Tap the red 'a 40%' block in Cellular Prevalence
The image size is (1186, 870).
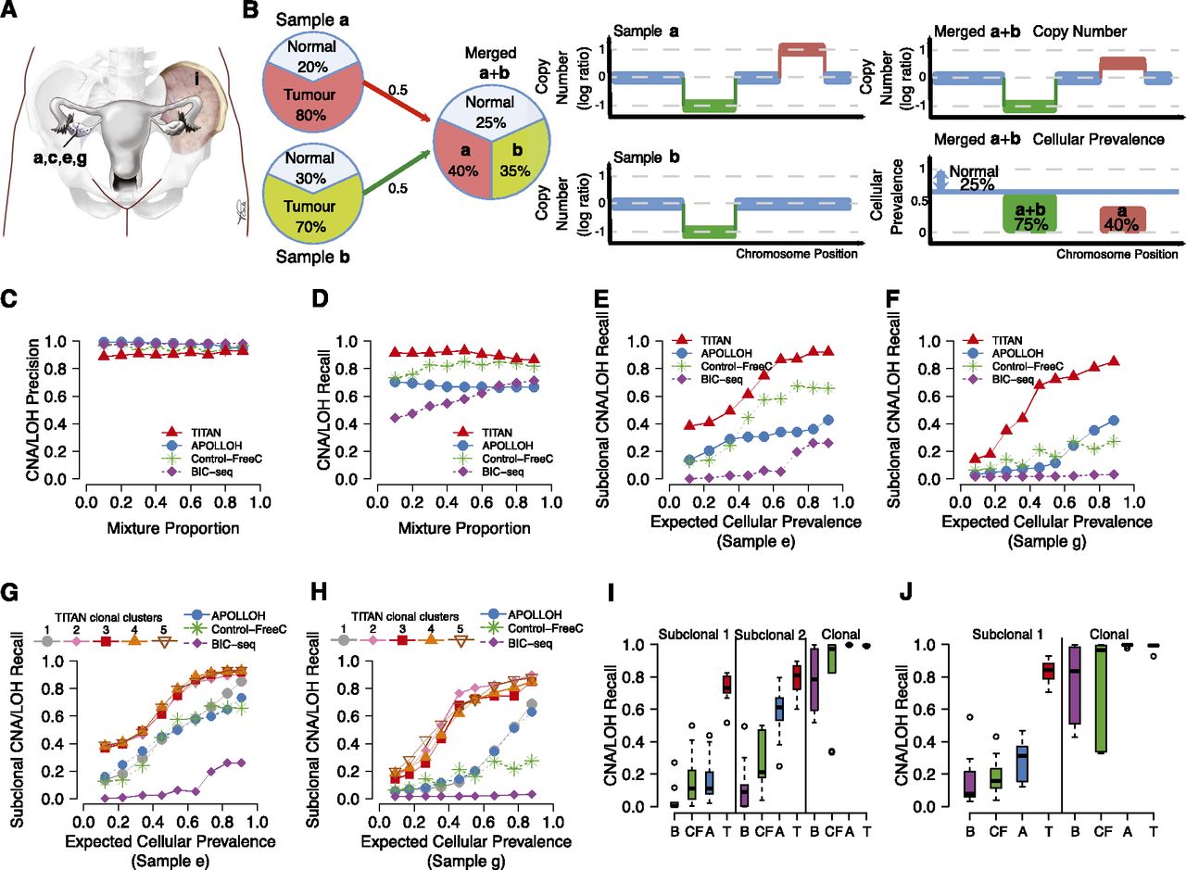pyautogui.click(x=1125, y=220)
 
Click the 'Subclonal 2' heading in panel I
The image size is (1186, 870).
pyautogui.click(x=770, y=634)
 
